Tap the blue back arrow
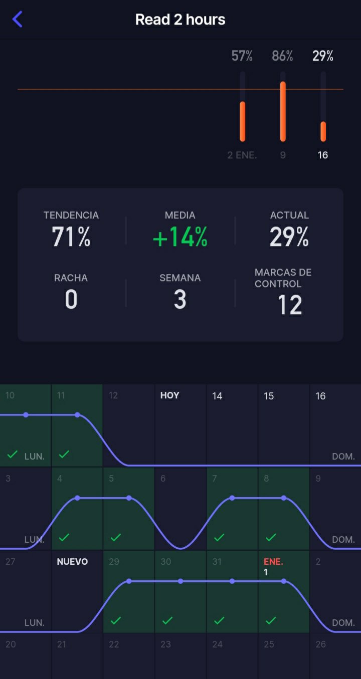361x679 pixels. click(x=18, y=20)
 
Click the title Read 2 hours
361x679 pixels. click(x=180, y=20)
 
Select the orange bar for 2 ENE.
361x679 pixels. click(x=243, y=121)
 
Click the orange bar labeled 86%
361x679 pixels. click(x=283, y=111)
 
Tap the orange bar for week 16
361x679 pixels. click(x=323, y=131)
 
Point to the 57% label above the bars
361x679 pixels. click(x=242, y=56)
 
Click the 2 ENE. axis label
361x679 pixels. click(x=242, y=155)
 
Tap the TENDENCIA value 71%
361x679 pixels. click(x=71, y=237)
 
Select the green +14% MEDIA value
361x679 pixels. click(x=180, y=237)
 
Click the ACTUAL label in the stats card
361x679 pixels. click(x=289, y=215)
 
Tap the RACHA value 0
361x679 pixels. click(x=71, y=300)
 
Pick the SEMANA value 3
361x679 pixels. click(x=180, y=300)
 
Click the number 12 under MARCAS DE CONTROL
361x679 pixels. click(x=290, y=305)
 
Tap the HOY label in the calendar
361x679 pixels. click(x=169, y=395)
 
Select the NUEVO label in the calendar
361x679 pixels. click(x=72, y=562)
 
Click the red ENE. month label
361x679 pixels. click(x=274, y=562)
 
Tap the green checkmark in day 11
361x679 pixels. click(x=64, y=455)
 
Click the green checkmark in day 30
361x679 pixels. click(x=167, y=621)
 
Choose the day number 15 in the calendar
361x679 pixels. click(x=269, y=396)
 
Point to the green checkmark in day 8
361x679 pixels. click(x=271, y=538)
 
